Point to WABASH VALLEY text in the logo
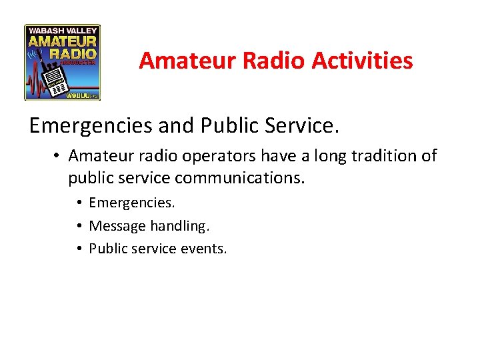63,31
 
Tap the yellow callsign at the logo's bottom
79,96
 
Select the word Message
117,227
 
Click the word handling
179,227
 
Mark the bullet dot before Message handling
79,227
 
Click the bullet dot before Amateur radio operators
59,157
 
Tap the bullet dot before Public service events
79,249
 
